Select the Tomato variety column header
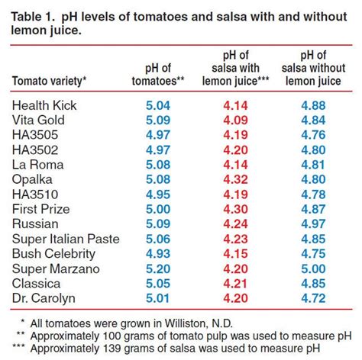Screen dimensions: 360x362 pyautogui.click(x=50, y=80)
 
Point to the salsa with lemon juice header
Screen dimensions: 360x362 pyautogui.click(x=238, y=67)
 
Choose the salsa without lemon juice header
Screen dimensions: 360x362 pyautogui.click(x=315, y=67)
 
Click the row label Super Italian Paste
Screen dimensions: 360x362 pyautogui.click(x=66, y=239)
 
